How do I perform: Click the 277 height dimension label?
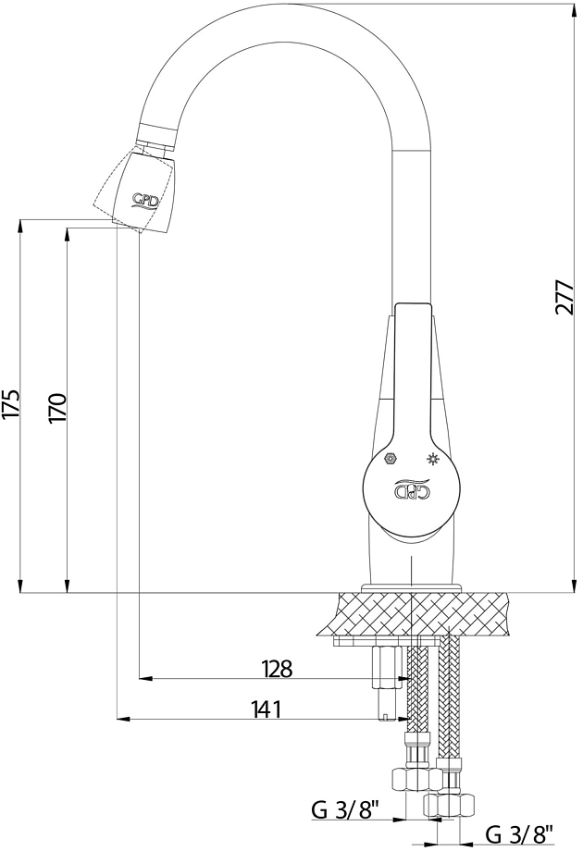[x=564, y=297]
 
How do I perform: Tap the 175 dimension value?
[x=11, y=403]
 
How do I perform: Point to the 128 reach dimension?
[x=277, y=669]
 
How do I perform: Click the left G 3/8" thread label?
[x=344, y=810]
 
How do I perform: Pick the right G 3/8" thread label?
[x=519, y=833]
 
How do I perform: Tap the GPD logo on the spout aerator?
[x=145, y=201]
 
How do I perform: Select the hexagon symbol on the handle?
[x=389, y=459]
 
